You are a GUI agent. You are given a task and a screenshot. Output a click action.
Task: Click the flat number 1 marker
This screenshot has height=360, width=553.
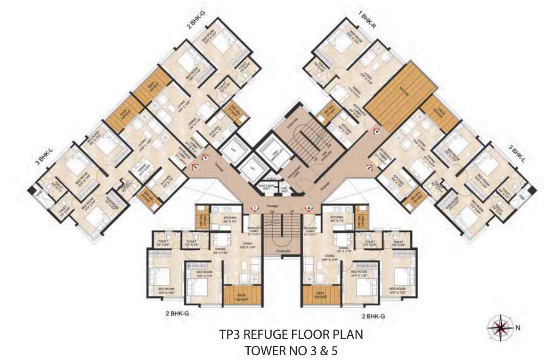255,207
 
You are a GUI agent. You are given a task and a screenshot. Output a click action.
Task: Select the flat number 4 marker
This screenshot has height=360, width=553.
376,132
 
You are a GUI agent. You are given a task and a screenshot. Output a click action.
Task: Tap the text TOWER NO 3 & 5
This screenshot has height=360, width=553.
292,351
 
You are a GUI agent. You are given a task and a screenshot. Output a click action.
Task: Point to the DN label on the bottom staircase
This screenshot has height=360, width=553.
272,212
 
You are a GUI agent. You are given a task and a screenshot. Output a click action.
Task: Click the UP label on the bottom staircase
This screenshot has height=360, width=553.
292,212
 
